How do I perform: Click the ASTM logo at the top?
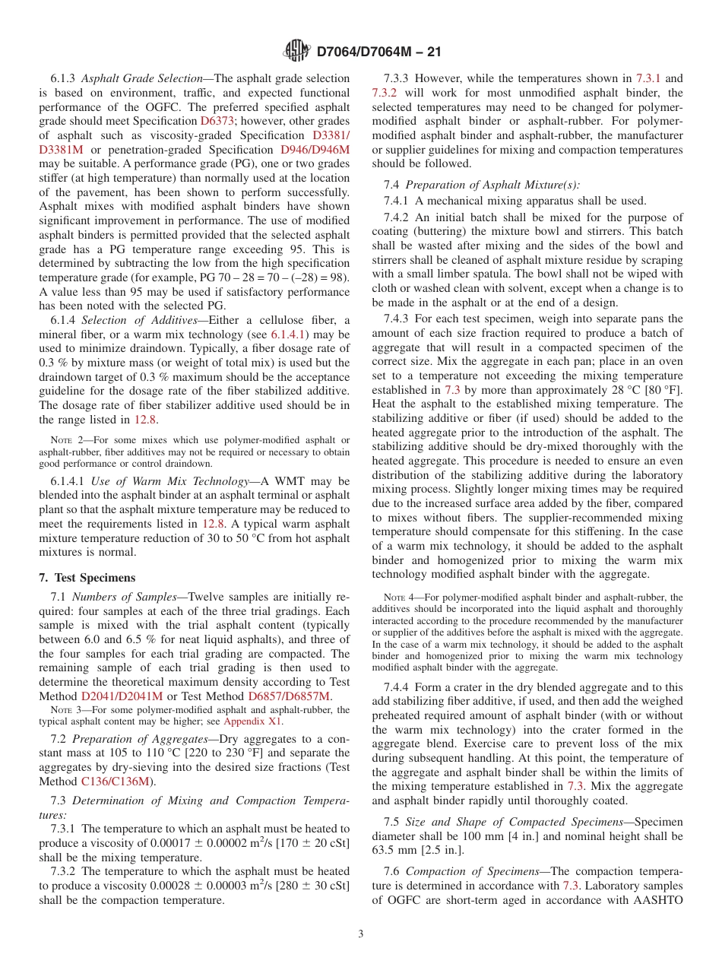(296, 51)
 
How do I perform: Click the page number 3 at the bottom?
(361, 934)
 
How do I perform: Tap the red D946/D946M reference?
(315, 150)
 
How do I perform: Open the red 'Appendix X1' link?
(252, 721)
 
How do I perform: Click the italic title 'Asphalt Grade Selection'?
(139, 78)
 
